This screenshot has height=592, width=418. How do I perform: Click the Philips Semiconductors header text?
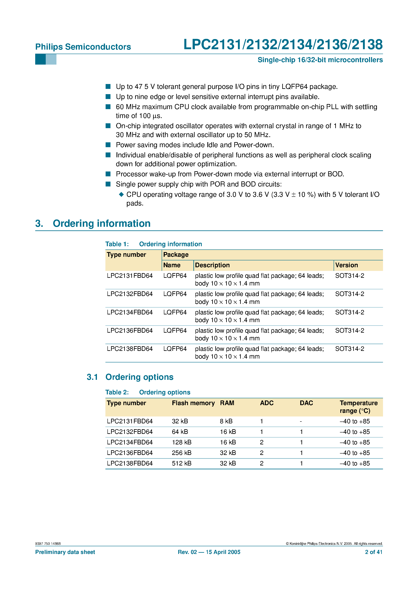click(83, 47)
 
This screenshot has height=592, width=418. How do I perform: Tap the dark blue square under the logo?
click(40, 59)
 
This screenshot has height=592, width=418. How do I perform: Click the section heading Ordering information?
click(102, 223)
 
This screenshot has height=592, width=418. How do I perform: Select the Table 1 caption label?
click(117, 244)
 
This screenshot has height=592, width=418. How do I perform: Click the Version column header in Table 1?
click(346, 265)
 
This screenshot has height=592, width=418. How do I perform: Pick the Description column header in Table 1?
click(212, 265)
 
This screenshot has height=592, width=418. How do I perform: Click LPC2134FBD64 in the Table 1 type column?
click(130, 312)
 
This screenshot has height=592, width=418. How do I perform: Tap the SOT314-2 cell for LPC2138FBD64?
click(349, 349)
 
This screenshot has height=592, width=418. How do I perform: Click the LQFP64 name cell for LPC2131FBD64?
click(175, 276)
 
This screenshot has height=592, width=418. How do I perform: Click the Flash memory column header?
click(193, 403)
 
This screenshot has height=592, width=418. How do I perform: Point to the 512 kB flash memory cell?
click(181, 463)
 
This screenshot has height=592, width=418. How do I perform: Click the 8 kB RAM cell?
click(226, 421)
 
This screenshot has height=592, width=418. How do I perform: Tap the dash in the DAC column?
click(301, 422)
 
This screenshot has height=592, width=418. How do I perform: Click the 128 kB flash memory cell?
click(181, 442)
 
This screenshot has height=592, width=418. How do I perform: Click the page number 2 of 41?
click(373, 552)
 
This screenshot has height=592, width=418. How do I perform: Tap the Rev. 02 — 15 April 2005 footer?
click(209, 552)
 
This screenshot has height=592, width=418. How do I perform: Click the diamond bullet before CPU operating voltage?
click(121, 194)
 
